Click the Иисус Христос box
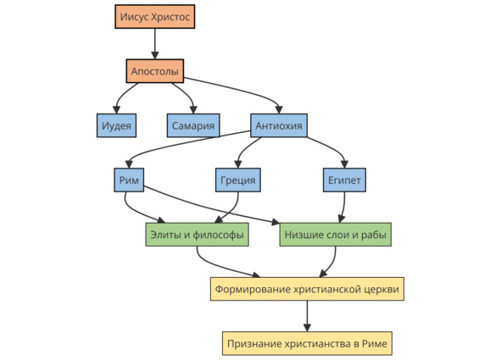coord(155,17)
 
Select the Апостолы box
coord(155,71)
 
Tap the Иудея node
coord(117,125)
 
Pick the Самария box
coord(193,125)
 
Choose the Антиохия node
coord(279,125)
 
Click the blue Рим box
coord(129,180)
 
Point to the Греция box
coord(238,180)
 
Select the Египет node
coord(344,180)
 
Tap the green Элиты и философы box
coord(198,235)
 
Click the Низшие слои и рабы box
coord(336,235)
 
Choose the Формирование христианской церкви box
coord(307,289)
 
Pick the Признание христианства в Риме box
coord(307,343)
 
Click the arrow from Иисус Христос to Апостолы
coord(155,44)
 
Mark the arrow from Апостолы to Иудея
coord(122,95)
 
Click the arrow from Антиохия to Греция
coord(244,149)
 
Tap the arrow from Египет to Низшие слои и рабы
coord(343,208)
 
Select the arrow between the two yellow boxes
coord(307,316)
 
